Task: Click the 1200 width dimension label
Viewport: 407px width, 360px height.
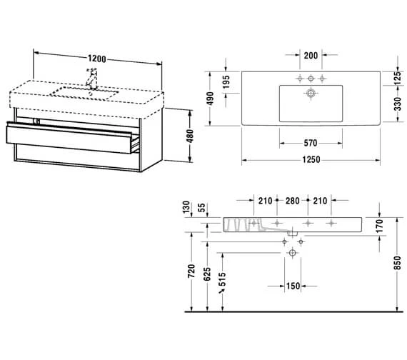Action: (x=97, y=59)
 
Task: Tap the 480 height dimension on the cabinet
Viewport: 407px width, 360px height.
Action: (x=190, y=136)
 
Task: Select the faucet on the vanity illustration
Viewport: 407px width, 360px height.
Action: (x=91, y=79)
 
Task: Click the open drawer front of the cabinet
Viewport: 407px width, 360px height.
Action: (x=69, y=139)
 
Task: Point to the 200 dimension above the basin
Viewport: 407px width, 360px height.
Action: (x=311, y=55)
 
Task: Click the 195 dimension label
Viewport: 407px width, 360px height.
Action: (x=226, y=82)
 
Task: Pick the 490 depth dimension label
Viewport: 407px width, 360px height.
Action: (x=210, y=99)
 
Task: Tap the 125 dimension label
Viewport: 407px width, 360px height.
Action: (x=398, y=78)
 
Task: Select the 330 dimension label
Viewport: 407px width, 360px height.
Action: (x=398, y=104)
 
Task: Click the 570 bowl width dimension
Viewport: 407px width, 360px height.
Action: (x=311, y=143)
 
